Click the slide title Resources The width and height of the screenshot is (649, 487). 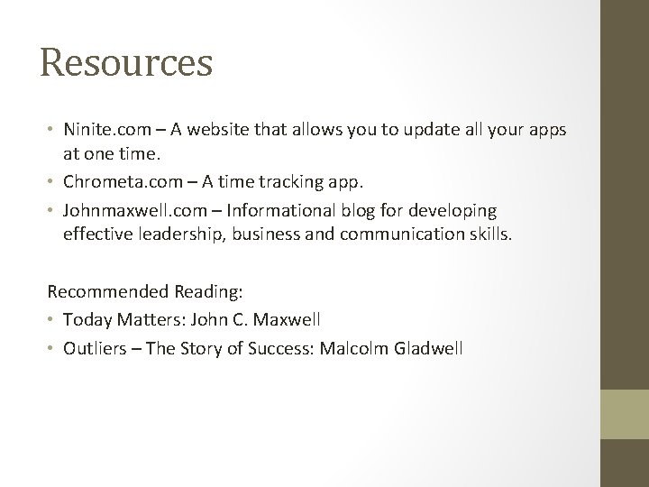click(x=126, y=63)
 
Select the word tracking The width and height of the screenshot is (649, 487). click(x=303, y=183)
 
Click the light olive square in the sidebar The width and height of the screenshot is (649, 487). click(x=625, y=414)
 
